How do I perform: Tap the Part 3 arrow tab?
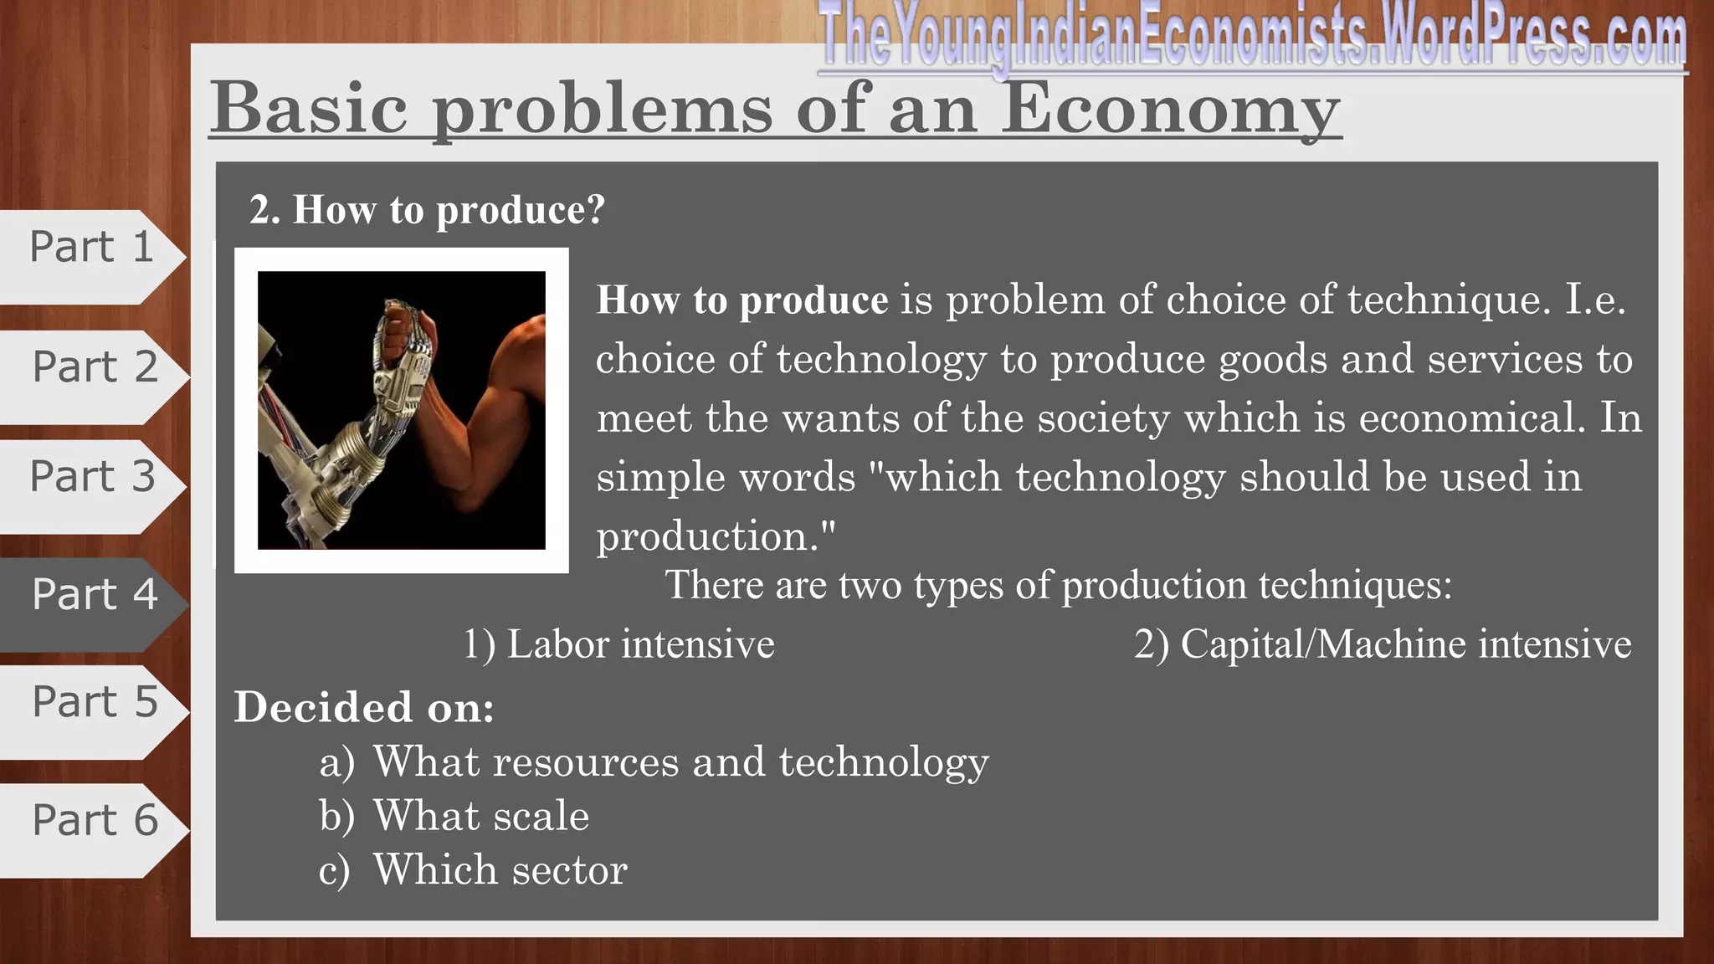click(x=92, y=477)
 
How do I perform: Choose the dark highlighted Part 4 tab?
click(x=94, y=595)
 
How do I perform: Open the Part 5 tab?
click(x=94, y=702)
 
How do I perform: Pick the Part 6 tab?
click(x=94, y=820)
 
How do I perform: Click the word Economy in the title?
click(x=1171, y=109)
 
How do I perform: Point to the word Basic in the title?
click(x=309, y=109)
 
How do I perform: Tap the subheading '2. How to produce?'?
click(x=427, y=209)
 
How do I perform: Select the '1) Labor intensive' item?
click(x=619, y=644)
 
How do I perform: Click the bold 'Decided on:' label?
click(x=364, y=707)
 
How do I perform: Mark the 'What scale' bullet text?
click(x=481, y=816)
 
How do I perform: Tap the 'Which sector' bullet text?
click(x=500, y=870)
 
